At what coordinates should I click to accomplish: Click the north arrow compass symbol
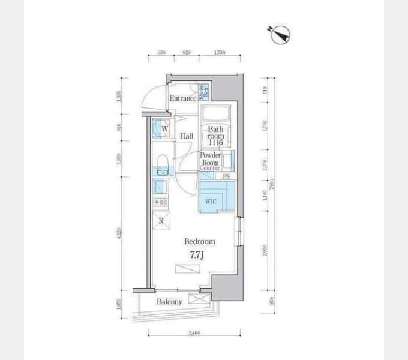coord(280,35)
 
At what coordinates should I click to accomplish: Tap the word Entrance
coord(182,98)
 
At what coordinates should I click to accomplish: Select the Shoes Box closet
coord(203,92)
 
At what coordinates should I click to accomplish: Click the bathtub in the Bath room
coord(214,114)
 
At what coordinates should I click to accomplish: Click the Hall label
coord(186,137)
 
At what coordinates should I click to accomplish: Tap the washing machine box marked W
coord(161,128)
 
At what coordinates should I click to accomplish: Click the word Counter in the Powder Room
coord(209,169)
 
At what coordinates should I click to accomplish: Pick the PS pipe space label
coord(226,177)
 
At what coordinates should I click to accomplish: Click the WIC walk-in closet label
coord(210,202)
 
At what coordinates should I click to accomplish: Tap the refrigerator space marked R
coord(161,221)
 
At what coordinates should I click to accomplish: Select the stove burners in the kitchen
coord(160,203)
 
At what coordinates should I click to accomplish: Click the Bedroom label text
coord(199,241)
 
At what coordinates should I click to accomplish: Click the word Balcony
coord(169,302)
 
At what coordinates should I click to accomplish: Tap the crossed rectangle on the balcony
coord(197,299)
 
